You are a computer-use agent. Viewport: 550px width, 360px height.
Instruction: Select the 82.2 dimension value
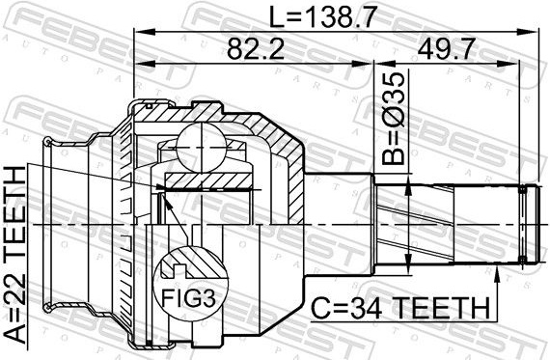click(255, 49)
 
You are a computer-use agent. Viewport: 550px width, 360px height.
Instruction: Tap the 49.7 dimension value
click(446, 49)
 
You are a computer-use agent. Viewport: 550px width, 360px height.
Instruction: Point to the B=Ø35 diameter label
click(394, 119)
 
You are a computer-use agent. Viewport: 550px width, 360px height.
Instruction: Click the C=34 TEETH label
click(400, 308)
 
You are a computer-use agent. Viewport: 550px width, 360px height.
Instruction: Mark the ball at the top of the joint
click(202, 148)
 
